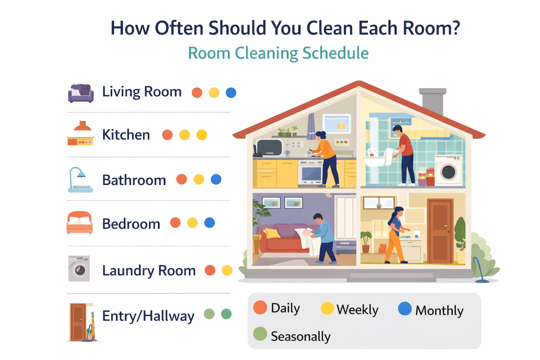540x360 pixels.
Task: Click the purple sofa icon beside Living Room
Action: (81, 93)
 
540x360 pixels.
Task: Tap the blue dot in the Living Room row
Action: (231, 93)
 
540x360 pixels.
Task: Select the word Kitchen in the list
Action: (126, 135)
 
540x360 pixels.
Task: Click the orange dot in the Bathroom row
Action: (181, 179)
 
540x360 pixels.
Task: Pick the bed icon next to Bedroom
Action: (80, 223)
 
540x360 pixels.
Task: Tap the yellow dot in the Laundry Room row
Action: (227, 270)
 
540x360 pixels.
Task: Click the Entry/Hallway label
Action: (148, 316)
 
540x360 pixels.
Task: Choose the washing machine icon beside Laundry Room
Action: (79, 269)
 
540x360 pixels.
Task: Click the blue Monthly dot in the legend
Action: (405, 309)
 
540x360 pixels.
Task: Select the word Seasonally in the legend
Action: (301, 336)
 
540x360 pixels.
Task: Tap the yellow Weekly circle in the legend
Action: (327, 308)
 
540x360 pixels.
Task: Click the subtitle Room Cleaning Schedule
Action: (278, 53)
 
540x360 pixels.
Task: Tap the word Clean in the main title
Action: (329, 28)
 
